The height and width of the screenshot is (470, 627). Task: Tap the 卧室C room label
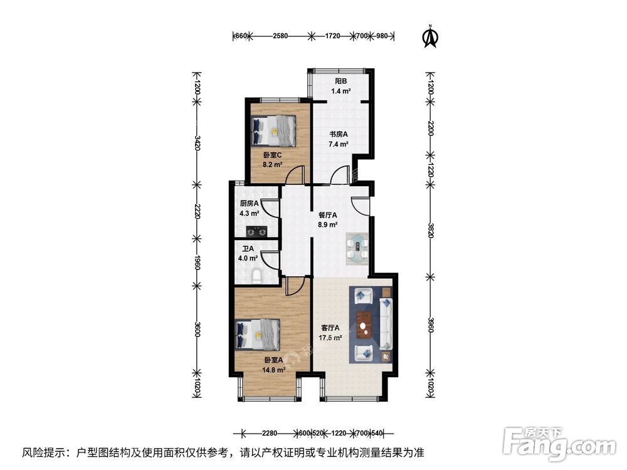point(272,155)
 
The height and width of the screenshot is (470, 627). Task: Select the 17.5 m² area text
point(330,338)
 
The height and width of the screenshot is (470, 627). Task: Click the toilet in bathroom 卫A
point(258,275)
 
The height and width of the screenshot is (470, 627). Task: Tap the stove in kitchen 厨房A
point(256,231)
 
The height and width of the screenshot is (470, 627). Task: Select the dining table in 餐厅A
point(359,247)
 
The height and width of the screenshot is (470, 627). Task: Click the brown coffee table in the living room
point(364,324)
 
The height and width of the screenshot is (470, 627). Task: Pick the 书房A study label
point(339,134)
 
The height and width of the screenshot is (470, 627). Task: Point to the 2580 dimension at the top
point(280,36)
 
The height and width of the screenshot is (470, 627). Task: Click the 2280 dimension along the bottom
point(270,432)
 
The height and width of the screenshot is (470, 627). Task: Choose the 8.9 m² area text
point(328,224)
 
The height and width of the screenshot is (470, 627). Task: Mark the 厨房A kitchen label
point(249,203)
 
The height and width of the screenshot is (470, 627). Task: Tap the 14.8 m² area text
point(274,370)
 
